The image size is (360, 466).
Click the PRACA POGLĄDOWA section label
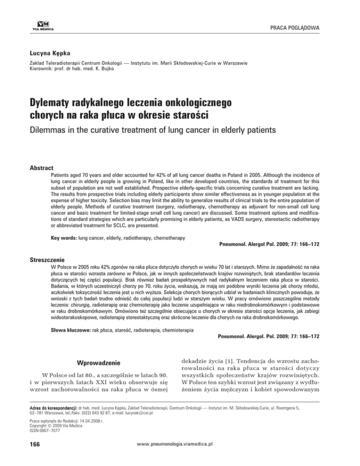click(293, 30)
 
